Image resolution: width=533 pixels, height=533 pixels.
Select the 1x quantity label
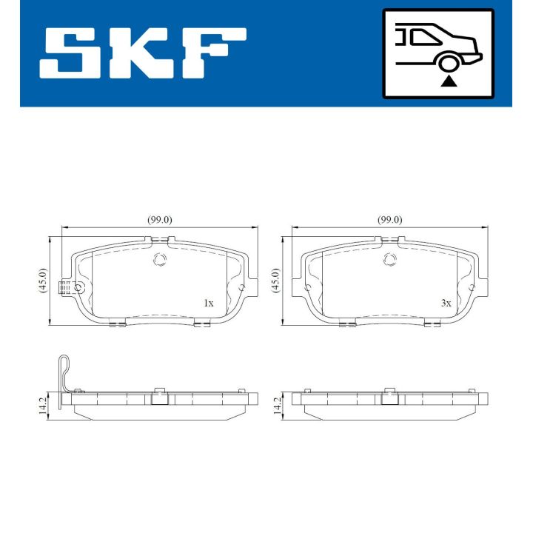tap(208, 303)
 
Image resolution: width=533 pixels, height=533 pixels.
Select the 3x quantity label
tap(446, 303)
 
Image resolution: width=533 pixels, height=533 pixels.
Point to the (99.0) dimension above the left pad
tap(159, 220)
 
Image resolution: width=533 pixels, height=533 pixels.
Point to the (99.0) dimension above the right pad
tap(389, 220)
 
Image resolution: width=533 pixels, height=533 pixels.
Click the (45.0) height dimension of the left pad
tap(42, 281)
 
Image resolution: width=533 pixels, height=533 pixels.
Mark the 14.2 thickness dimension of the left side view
tap(42, 406)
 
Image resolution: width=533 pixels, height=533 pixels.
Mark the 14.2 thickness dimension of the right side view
tap(275, 406)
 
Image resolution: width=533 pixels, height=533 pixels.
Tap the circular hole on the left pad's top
tap(158, 259)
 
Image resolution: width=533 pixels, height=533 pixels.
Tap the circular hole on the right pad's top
tap(389, 259)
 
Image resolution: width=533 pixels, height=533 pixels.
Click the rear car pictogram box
tap(438, 53)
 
